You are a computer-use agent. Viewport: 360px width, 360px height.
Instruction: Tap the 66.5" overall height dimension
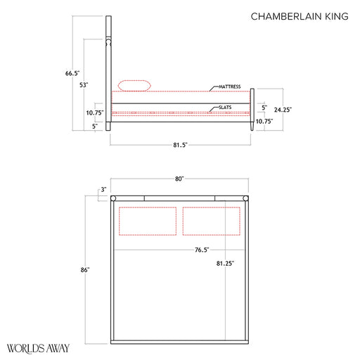tap(72, 73)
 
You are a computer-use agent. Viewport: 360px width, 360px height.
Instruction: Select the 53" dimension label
tap(84, 85)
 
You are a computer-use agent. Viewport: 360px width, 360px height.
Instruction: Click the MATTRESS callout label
tap(229, 86)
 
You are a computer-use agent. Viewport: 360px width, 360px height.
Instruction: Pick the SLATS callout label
tap(226, 107)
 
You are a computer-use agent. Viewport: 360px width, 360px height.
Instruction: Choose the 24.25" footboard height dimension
tap(283, 110)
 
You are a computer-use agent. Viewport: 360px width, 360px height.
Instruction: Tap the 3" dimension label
tap(103, 189)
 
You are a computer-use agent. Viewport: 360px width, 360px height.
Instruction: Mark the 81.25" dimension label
tap(225, 263)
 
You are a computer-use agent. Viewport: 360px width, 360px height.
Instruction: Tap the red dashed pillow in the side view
tap(134, 86)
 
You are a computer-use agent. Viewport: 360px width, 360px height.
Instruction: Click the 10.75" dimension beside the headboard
tap(95, 112)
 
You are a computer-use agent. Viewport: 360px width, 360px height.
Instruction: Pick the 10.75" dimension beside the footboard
tap(264, 121)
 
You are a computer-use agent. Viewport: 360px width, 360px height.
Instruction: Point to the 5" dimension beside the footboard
tap(264, 108)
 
